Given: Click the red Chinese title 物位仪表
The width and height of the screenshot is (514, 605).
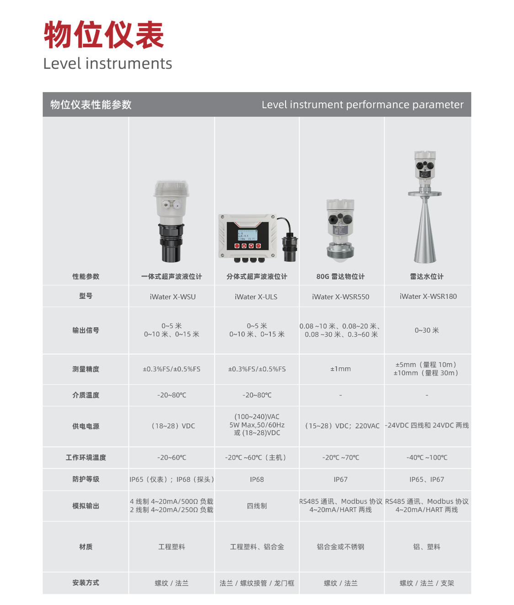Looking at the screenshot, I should pyautogui.click(x=104, y=35).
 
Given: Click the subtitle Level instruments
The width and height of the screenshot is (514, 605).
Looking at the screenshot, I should pyautogui.click(x=107, y=63).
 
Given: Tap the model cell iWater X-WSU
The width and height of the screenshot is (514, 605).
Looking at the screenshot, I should pyautogui.click(x=172, y=297).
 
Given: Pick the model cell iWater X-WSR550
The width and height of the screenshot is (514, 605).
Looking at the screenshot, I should pyautogui.click(x=340, y=297).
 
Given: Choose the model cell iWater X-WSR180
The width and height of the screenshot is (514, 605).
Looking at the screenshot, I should pyautogui.click(x=428, y=296).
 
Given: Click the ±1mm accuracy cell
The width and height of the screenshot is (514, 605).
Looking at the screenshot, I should pyautogui.click(x=340, y=369).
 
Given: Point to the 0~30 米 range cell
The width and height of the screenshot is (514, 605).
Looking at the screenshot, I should pyautogui.click(x=427, y=330).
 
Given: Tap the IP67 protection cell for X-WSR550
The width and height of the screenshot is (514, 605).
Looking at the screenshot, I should pyautogui.click(x=340, y=479).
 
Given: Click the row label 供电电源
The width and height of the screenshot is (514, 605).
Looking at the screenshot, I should pyautogui.click(x=85, y=426).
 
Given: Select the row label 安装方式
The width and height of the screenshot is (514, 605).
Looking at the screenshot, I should pyautogui.click(x=85, y=583).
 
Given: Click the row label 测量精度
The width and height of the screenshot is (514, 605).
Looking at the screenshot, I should pyautogui.click(x=85, y=369).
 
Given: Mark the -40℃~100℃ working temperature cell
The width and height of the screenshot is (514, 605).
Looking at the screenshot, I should pyautogui.click(x=427, y=457).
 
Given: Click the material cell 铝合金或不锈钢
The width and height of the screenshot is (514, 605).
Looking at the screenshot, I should pyautogui.click(x=340, y=547).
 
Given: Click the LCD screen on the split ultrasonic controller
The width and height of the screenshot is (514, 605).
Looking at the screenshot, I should pyautogui.click(x=248, y=235).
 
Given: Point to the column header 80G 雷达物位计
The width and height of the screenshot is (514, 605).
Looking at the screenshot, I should pyautogui.click(x=340, y=276).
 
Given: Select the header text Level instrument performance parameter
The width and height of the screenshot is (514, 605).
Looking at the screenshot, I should pyautogui.click(x=362, y=104).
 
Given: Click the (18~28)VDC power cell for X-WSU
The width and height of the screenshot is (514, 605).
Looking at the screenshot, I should pyautogui.click(x=173, y=426).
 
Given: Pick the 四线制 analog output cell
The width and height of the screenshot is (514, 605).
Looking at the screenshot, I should pyautogui.click(x=257, y=506).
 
